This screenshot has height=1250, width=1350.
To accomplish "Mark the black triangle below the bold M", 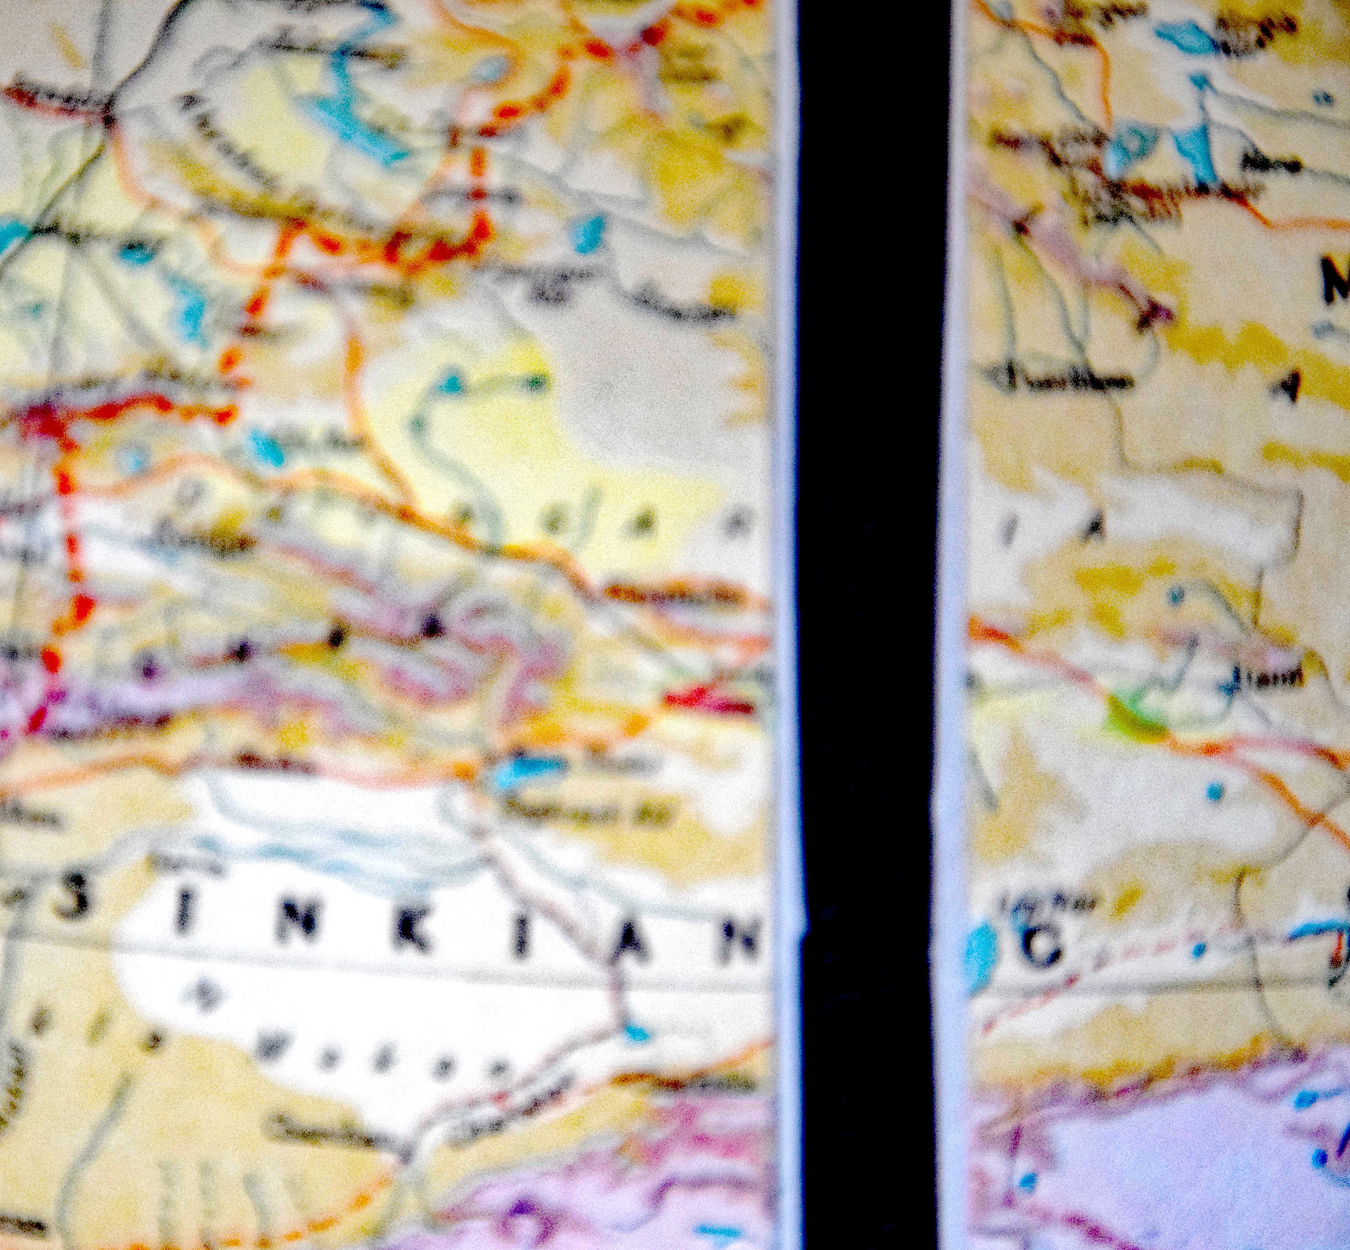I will pyautogui.click(x=1291, y=387).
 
